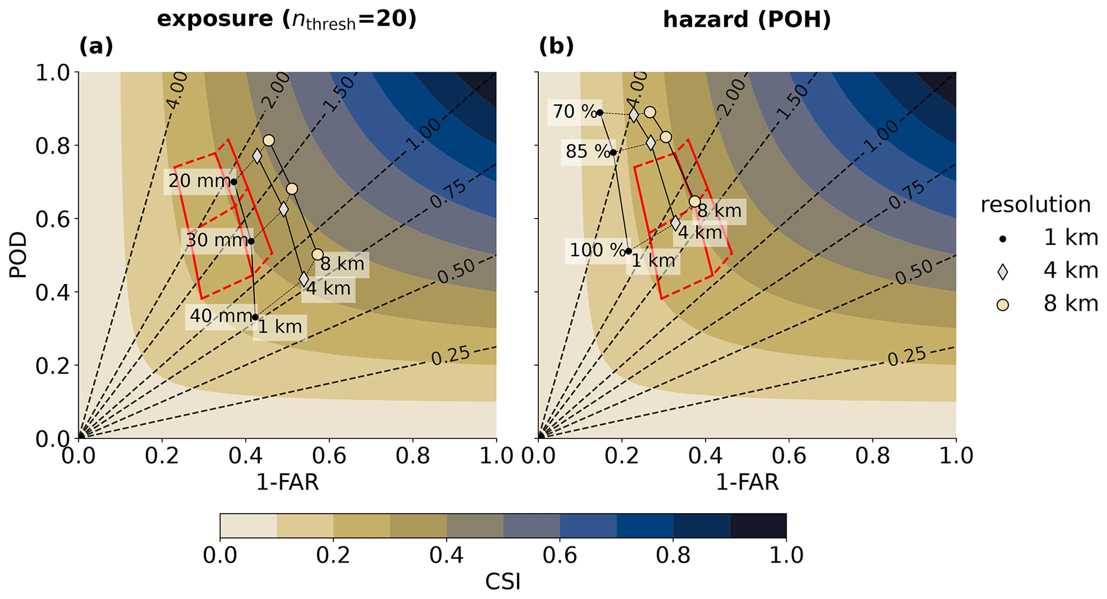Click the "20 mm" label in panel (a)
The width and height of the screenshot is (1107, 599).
coord(198,181)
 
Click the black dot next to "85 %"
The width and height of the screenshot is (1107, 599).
coord(613,152)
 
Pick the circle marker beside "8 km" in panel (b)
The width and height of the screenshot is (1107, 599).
coord(695,201)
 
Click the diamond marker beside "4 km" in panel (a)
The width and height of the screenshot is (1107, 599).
coord(304,279)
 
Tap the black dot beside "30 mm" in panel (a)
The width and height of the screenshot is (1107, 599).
coord(251,241)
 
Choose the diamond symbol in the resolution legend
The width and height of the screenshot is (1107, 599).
coord(1003,272)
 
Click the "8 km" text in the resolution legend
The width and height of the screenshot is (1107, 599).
coord(1070,304)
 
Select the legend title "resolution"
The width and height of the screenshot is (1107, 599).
coord(1035,205)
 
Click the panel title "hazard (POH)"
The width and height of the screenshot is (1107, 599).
coord(747,20)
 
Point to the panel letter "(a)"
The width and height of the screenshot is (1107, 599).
coord(96,47)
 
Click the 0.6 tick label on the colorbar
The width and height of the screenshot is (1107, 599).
coord(560,556)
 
